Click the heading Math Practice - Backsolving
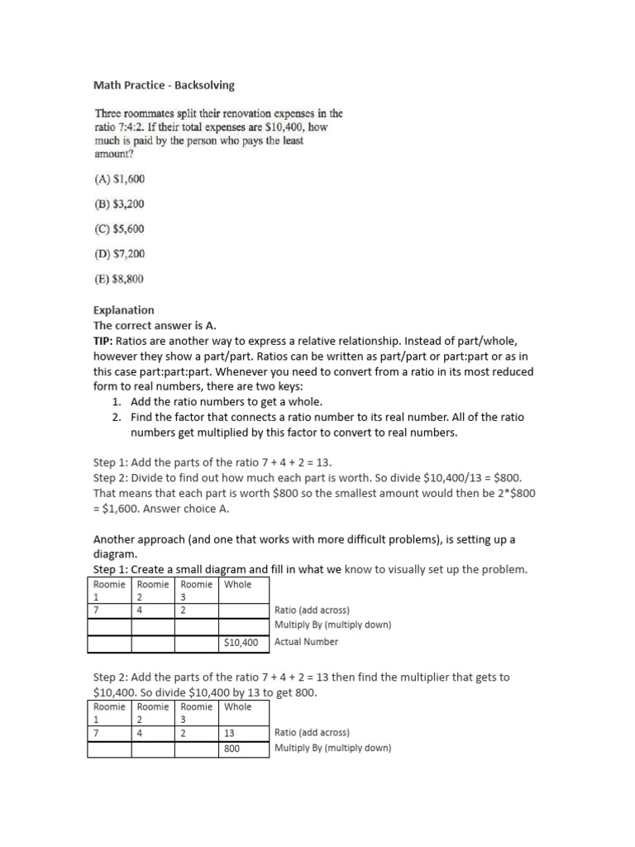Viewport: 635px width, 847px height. point(163,85)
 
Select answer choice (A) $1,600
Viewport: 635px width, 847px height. point(121,178)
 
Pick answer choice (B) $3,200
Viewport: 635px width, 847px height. point(121,203)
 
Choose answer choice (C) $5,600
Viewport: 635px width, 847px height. point(121,229)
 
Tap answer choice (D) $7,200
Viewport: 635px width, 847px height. point(121,254)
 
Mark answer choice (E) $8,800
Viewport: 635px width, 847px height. point(121,280)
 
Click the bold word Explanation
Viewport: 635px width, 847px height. point(123,310)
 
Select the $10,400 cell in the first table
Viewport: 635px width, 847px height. point(241,642)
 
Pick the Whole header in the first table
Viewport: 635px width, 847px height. point(238,584)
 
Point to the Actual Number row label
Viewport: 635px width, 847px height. point(306,642)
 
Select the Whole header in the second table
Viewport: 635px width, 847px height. point(238,706)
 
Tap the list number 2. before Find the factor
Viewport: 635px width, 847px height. point(117,418)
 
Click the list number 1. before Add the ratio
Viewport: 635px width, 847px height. point(117,402)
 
